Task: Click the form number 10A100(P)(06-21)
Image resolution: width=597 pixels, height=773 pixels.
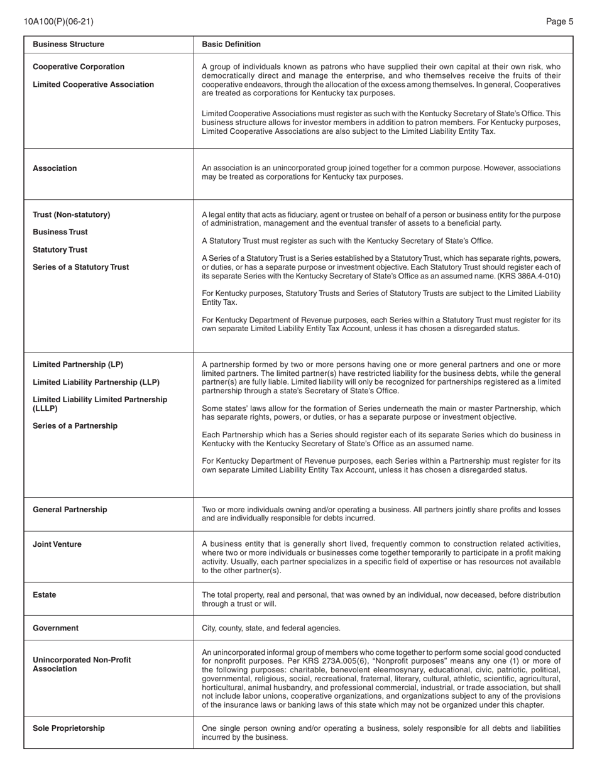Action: (x=58, y=21)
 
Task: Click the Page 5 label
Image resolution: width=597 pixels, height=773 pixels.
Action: (x=559, y=21)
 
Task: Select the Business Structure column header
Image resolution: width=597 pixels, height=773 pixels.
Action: (x=68, y=44)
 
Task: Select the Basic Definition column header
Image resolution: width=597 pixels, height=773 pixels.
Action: (x=231, y=44)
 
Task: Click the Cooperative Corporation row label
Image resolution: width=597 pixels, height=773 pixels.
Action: (x=79, y=67)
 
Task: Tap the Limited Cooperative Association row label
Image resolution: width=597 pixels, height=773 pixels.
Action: (x=93, y=84)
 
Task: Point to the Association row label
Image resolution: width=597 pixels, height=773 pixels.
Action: (x=55, y=168)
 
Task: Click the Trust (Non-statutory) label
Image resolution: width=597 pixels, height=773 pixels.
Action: (x=71, y=215)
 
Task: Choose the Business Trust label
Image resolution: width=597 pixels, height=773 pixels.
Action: (x=60, y=232)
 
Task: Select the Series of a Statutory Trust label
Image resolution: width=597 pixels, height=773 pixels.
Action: (x=80, y=267)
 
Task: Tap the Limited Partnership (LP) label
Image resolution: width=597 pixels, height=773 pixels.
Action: (x=78, y=365)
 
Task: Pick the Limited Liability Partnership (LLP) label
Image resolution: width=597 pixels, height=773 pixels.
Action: (x=96, y=382)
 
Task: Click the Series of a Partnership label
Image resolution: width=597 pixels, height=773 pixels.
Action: (x=75, y=426)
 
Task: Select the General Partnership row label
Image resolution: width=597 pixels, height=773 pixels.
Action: (x=70, y=510)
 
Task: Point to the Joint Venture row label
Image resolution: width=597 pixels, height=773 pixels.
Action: (x=57, y=544)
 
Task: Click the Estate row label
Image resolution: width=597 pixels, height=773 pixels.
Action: (x=44, y=595)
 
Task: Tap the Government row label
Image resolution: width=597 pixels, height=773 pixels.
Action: (x=55, y=628)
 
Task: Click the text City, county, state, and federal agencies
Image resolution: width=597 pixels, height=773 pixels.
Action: (x=271, y=628)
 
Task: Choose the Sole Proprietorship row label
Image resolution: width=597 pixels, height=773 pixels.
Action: (x=68, y=728)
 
